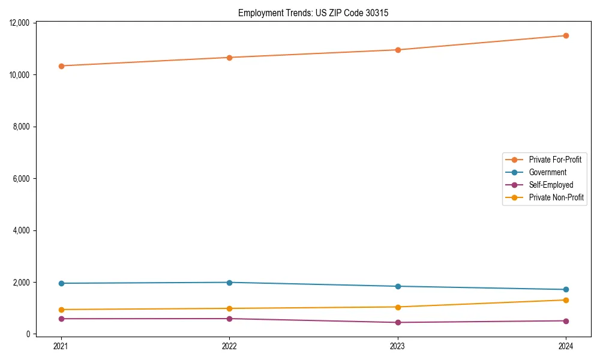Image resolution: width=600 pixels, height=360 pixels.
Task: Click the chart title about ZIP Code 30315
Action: tap(313, 13)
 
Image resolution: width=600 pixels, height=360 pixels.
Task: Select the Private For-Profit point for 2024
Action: tap(566, 35)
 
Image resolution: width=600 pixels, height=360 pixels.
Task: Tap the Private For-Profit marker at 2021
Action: tap(61, 66)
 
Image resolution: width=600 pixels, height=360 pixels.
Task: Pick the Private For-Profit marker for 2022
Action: tap(229, 58)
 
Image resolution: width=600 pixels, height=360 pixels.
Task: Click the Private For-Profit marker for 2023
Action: tap(398, 50)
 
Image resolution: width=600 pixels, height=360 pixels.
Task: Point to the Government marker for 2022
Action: tap(229, 283)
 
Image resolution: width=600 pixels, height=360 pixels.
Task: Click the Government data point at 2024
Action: tap(566, 290)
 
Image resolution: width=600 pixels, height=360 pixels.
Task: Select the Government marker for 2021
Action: tap(61, 283)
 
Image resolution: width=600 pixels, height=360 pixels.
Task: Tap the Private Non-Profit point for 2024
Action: tap(566, 300)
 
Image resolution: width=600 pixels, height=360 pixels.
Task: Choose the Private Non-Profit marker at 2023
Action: tap(398, 307)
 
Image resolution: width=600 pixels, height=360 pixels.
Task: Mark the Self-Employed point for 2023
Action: tap(398, 322)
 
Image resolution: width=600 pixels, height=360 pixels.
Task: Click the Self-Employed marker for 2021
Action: tap(61, 319)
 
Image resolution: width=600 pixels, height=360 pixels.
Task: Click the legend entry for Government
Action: tap(547, 172)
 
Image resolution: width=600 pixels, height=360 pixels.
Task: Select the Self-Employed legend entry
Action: tap(551, 185)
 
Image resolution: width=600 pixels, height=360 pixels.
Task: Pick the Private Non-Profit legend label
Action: tap(556, 197)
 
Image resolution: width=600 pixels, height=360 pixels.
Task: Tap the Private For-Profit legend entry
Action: tap(555, 160)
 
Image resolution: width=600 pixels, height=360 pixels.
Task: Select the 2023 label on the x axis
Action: tap(398, 346)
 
